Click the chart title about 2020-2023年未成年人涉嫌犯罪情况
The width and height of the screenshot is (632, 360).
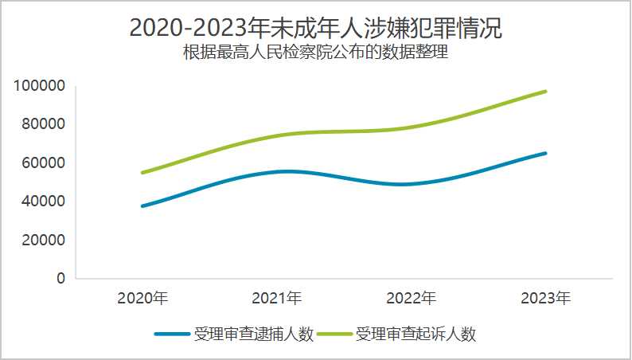point(316,27)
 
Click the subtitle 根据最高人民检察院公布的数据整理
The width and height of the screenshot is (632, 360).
point(316,54)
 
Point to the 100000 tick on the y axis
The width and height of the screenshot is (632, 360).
point(39,86)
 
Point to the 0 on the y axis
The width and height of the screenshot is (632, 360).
point(60,279)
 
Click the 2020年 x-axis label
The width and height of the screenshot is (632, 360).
point(142,299)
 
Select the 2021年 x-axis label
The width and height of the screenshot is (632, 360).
point(277,299)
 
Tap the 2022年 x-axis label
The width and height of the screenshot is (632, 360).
point(411,299)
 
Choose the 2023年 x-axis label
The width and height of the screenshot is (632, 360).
point(545,299)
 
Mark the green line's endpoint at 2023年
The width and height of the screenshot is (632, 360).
point(545,92)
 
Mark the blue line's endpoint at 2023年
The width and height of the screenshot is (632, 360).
point(545,153)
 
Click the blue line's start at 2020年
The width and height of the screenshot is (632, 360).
point(142,206)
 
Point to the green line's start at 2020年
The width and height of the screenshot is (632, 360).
point(142,173)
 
